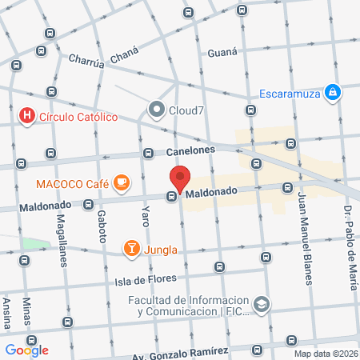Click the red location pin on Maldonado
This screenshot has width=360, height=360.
[181, 179]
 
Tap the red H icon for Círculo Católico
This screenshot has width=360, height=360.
[28, 117]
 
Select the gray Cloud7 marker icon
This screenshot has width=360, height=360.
[156, 109]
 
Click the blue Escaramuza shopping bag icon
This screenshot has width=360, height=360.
[331, 93]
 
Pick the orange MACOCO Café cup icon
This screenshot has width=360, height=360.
[122, 183]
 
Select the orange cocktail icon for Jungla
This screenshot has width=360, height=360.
[131, 248]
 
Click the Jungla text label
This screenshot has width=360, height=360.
[161, 249]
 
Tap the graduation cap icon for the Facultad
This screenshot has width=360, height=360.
[262, 304]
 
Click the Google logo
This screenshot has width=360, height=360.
[27, 350]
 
